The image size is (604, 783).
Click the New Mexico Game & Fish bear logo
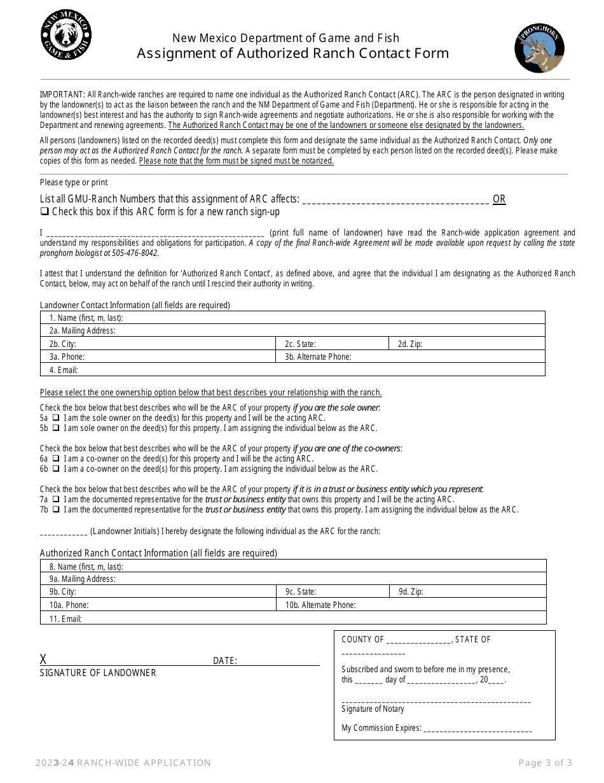[66, 38]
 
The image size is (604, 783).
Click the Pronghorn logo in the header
[540, 50]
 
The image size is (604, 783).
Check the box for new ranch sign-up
[45, 212]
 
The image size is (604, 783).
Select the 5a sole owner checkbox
[56, 418]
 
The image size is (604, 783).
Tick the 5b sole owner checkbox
[56, 428]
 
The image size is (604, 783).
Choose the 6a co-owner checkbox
[56, 459]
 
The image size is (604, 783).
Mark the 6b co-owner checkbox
[56, 469]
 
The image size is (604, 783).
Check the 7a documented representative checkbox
[56, 500]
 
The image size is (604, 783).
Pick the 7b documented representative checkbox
[56, 510]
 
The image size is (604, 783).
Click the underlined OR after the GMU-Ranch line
[499, 199]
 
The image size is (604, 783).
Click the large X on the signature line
[43, 660]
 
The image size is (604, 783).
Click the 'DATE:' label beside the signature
[224, 661]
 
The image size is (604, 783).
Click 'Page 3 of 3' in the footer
[545, 763]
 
